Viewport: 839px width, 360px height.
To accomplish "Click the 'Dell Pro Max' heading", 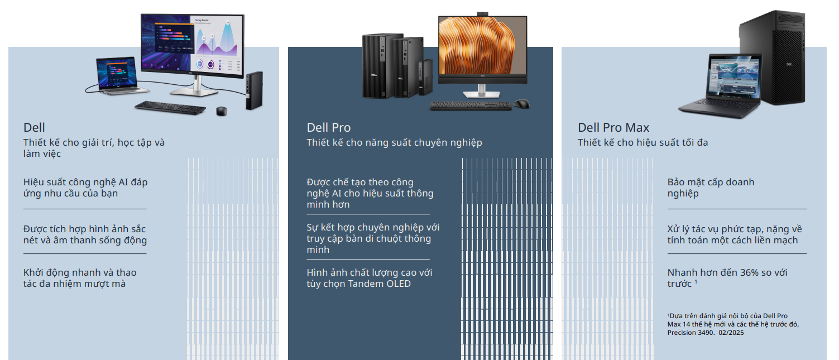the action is point(613,128).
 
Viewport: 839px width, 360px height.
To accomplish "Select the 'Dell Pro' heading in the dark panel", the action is point(329,128).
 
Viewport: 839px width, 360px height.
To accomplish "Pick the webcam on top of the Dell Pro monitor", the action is point(482,13).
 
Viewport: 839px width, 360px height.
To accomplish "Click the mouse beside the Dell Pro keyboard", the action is point(521,104).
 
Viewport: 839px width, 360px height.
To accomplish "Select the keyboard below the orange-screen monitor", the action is point(470,105).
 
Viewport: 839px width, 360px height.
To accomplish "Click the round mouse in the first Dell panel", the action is point(221,111).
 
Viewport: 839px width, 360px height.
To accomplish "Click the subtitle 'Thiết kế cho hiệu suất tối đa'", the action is point(643,143).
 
